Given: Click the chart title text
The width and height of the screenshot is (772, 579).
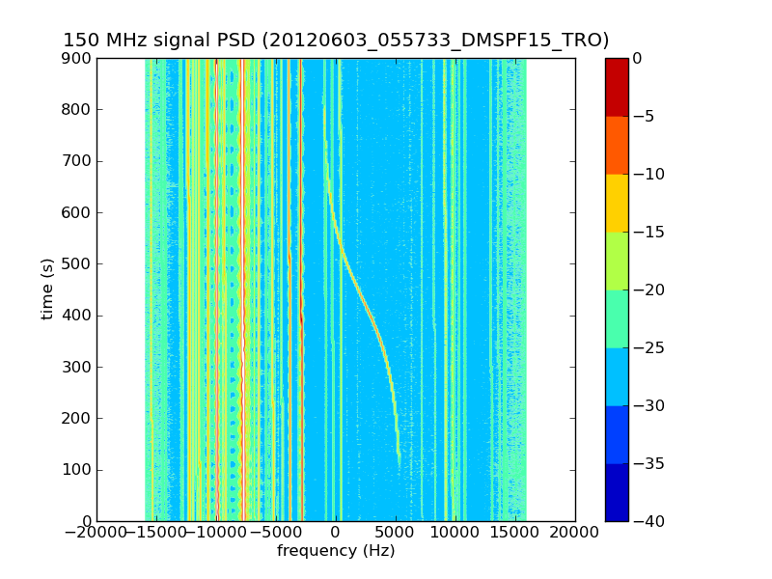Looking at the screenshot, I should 336,41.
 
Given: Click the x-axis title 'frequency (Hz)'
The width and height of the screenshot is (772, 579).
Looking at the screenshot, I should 336,551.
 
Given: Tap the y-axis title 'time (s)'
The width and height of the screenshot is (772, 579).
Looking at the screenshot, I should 47,289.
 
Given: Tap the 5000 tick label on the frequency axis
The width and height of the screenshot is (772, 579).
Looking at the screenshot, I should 396,532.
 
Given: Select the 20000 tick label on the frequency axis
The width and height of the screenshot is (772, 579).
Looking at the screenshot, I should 576,532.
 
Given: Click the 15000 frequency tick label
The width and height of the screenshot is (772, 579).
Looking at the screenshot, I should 515,532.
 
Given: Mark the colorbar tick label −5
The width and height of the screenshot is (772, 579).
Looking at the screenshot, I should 642,116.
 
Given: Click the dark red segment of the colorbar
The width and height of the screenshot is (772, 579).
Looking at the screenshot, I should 617,87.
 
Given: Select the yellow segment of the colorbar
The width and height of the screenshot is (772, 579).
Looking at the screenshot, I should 617,203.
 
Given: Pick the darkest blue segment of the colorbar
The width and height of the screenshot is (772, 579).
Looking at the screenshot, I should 617,492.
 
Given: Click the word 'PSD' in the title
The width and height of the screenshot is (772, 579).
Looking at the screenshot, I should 225,41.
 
